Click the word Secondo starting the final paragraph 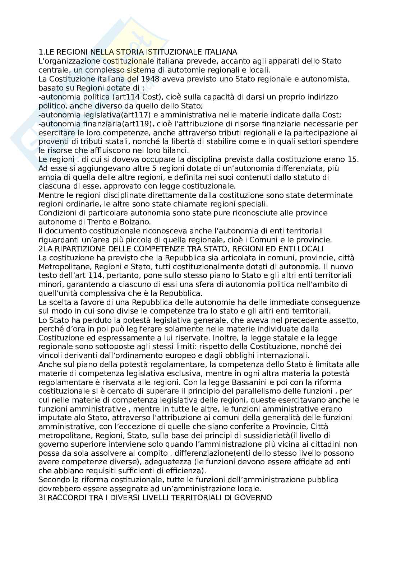(x=54, y=480)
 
